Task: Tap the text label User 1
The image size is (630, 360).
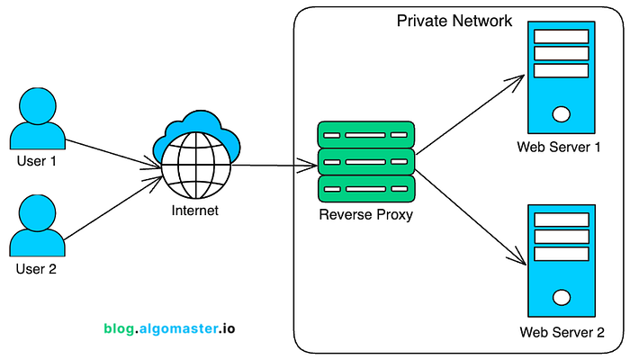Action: point(37,161)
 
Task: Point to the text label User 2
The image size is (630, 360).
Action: point(36,269)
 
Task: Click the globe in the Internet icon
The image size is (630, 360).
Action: point(196,166)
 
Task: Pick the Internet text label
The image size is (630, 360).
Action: point(195,211)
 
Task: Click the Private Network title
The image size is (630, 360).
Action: point(454,21)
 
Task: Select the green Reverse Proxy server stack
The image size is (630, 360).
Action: point(366,162)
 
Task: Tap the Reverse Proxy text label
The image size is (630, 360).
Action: point(366,215)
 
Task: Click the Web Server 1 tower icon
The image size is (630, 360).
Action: point(562,77)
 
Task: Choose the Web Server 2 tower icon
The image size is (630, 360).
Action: point(562,261)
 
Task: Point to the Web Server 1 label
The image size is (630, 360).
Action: point(559,147)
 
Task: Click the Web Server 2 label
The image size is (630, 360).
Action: point(562,332)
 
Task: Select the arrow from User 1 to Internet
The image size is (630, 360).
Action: point(113,154)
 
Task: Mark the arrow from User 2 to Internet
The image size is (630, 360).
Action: point(113,209)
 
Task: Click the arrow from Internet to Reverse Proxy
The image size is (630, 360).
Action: point(274,165)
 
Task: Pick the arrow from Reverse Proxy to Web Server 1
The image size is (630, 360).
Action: point(470,114)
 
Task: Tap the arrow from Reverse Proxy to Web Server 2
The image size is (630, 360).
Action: point(471,218)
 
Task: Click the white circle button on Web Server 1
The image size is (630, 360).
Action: point(562,114)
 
